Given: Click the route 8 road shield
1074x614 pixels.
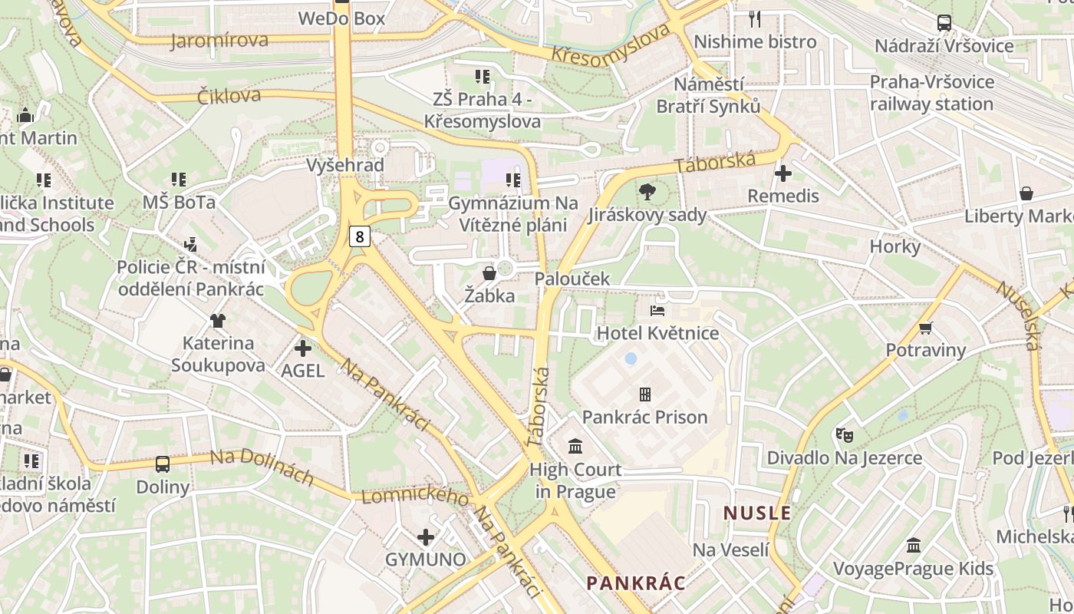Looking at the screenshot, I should (359, 236).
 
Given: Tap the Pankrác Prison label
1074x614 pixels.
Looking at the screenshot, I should (644, 417).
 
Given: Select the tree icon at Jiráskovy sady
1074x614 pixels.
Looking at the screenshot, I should (647, 192).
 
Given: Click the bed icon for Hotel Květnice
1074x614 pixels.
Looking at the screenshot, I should (657, 311).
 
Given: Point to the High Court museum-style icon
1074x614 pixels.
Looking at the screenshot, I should (575, 446).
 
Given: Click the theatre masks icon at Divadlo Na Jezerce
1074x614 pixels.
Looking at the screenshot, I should (845, 435).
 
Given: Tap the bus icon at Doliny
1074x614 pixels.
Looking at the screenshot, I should (163, 464).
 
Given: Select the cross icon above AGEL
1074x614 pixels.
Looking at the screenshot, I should (303, 348).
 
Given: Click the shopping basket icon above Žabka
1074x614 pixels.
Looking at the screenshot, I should (489, 273).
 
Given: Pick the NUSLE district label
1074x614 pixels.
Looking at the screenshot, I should (757, 513).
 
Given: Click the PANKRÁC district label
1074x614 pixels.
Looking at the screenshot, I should (636, 583).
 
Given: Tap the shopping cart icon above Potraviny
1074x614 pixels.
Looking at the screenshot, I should (925, 328).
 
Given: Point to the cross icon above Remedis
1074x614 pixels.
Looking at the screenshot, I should (782, 173).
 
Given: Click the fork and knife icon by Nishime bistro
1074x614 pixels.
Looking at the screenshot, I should (755, 19).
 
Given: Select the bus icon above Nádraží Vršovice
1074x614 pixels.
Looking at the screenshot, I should (944, 23).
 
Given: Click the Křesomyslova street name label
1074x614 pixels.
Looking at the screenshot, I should (611, 44).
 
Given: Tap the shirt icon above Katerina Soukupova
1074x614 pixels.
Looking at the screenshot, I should (218, 321).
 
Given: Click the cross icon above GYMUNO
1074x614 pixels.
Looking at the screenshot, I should (426, 537).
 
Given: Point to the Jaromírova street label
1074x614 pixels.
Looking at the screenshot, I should (219, 40).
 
